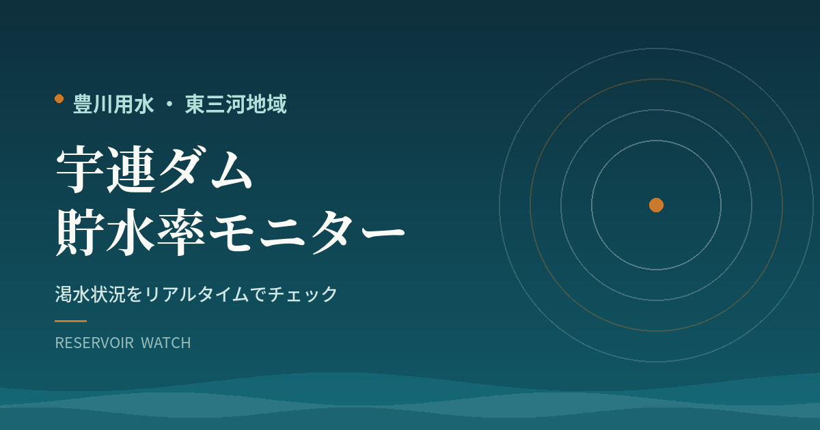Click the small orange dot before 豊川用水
point(59,99)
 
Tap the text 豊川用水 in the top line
point(113,104)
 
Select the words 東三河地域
point(236,104)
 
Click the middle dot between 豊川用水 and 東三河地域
point(169,104)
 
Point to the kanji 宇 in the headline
point(79,169)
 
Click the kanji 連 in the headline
point(131,169)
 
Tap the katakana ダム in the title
point(206,169)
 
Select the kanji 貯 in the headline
point(79,232)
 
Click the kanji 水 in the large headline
point(131,232)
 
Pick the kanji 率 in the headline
point(181,232)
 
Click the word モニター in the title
point(307,232)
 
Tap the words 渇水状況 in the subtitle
point(90,294)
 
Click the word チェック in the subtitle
point(303,294)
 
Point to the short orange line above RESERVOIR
point(70,321)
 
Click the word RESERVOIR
point(94,343)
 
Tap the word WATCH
point(166,343)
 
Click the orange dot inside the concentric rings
point(657,205)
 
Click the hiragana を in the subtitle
point(135,294)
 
